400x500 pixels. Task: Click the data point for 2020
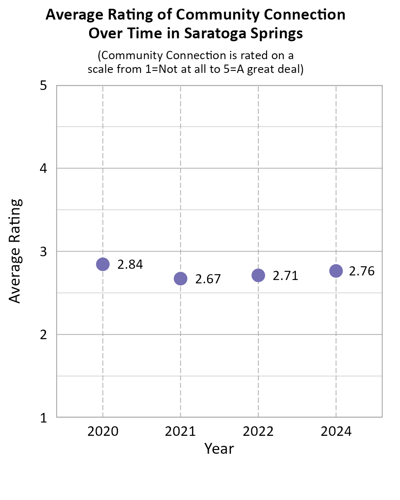click(x=102, y=264)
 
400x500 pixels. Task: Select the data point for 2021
click(x=180, y=278)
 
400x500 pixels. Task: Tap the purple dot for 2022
click(x=258, y=275)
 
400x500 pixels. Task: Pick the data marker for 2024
click(x=336, y=271)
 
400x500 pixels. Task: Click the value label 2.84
click(x=130, y=265)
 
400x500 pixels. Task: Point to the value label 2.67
click(x=208, y=279)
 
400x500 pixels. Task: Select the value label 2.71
click(x=285, y=276)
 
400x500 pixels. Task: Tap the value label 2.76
click(x=362, y=271)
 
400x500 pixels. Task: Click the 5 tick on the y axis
click(x=43, y=86)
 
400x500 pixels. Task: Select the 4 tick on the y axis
click(x=43, y=169)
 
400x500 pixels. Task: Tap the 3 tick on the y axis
click(x=43, y=252)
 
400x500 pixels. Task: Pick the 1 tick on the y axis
click(x=43, y=417)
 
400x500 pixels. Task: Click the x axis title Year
click(x=219, y=449)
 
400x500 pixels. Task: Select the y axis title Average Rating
click(x=15, y=251)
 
